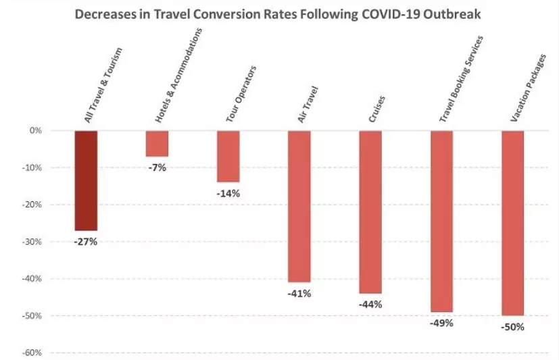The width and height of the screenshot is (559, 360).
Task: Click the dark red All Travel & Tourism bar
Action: point(86,180)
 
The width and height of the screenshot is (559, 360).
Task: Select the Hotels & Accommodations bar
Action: point(157,143)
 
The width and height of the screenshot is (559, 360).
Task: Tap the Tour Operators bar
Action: point(228,156)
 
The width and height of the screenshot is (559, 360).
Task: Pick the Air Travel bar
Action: point(299,206)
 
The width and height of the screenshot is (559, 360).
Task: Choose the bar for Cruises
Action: point(370,211)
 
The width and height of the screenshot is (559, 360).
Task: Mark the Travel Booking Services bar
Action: point(441,221)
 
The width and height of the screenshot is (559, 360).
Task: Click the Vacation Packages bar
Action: point(512,223)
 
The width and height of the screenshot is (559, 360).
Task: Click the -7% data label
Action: point(157,168)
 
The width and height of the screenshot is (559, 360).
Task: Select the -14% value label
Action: point(228,193)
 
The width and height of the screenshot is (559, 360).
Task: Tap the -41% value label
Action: point(299,293)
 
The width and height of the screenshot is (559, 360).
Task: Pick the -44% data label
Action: point(370,304)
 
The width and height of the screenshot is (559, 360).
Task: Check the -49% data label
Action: point(441,323)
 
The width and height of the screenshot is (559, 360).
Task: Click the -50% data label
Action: point(512,327)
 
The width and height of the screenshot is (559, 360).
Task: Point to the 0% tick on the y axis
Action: point(37,130)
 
